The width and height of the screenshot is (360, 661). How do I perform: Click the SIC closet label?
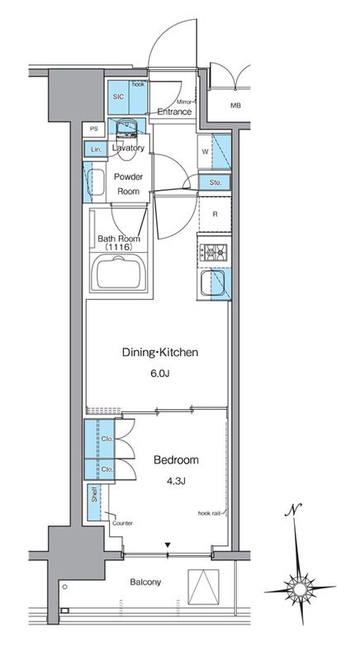119,97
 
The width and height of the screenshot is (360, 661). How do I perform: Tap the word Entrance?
174,112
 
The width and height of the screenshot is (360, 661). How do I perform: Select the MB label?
235,106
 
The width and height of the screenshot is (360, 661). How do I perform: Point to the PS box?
93,129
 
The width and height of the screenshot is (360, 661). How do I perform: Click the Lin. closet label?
97,150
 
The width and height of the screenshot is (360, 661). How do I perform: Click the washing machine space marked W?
205,152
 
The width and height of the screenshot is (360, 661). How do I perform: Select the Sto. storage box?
215,183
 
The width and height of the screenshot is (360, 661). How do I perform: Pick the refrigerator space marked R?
215,214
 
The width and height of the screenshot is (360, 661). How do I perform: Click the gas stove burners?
213,253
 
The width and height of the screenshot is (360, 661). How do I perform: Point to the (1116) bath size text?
119,247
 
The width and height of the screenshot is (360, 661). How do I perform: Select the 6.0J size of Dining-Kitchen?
160,373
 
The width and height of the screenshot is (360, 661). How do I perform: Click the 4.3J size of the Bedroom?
176,481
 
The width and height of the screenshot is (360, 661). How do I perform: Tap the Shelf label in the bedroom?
94,494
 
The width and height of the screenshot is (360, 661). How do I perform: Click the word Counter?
122,523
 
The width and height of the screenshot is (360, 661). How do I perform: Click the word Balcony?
145,583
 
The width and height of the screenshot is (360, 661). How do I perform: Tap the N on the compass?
293,510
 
